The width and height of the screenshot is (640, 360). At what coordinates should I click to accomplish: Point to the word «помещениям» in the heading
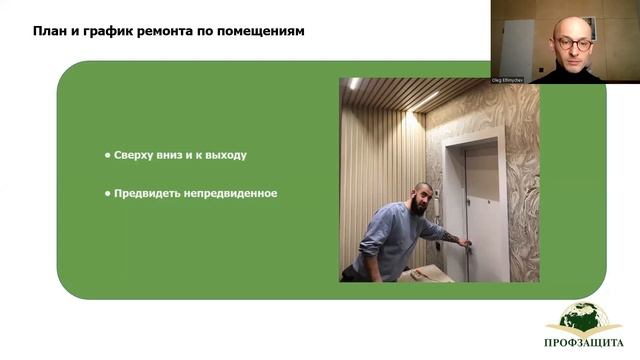click(263, 31)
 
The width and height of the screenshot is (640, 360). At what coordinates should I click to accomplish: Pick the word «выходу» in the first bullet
click(226, 156)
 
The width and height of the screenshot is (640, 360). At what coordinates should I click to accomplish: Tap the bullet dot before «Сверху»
click(107, 156)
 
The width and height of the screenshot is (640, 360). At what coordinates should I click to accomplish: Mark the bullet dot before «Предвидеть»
click(107, 193)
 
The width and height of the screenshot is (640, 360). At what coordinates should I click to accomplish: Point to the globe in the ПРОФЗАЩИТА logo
click(584, 319)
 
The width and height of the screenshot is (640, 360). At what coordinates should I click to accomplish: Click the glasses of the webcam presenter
click(573, 43)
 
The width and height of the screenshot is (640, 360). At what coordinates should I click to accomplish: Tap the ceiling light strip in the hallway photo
click(424, 100)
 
